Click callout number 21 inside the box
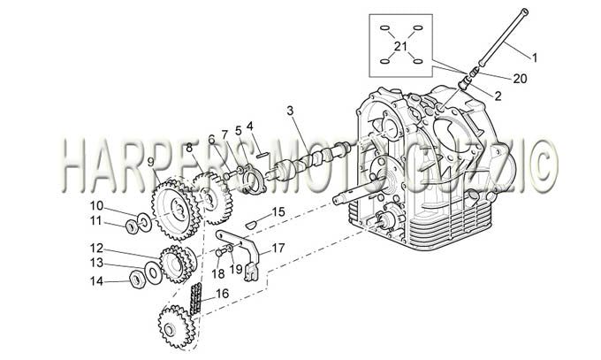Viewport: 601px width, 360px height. point(400,47)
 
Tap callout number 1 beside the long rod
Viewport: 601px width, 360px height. point(535,58)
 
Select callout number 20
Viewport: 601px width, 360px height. point(520,79)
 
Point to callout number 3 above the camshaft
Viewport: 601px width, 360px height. point(290,111)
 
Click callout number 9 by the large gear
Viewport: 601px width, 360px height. point(150,163)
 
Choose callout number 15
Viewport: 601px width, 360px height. point(278,212)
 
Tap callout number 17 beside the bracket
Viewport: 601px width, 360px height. point(278,249)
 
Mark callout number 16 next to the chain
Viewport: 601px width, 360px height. point(222,294)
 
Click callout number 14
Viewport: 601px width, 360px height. point(96,281)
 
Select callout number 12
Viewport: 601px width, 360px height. point(96,249)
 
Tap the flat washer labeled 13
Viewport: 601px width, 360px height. point(154,273)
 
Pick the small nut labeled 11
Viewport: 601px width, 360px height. point(132,226)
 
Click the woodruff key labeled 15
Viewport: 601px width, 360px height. point(250,225)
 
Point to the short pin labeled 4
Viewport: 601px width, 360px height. point(262,155)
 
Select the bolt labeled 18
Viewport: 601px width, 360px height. point(220,252)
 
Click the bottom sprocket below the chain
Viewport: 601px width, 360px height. point(176,326)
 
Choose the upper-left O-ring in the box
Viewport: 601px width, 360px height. point(384,28)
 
